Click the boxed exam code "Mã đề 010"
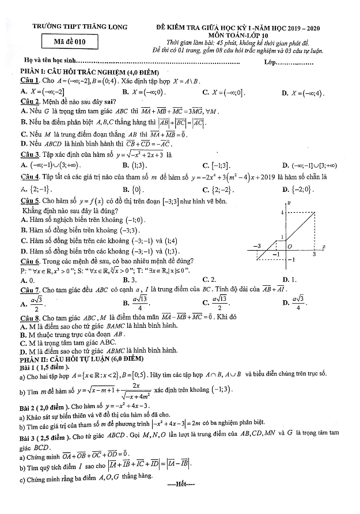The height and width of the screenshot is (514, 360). (x=71, y=41)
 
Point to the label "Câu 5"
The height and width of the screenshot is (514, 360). (x=29, y=201)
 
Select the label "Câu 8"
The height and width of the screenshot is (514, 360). (x=29, y=318)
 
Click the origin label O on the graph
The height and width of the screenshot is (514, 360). (x=290, y=247)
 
